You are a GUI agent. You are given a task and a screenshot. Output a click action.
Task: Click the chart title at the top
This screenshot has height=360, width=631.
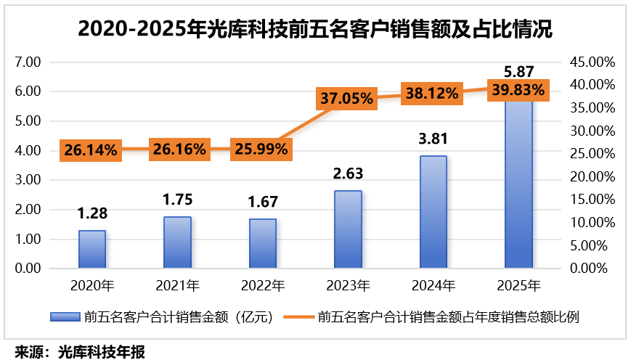pos(315,29)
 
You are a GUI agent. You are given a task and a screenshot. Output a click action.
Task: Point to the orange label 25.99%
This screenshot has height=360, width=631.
pos(260,150)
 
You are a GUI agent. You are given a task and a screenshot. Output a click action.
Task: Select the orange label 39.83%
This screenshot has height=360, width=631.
pos(518,89)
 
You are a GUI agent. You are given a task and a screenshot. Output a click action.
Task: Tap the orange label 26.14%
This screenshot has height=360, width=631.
pos(90,150)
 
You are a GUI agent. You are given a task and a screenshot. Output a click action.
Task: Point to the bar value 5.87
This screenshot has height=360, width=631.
pos(518,72)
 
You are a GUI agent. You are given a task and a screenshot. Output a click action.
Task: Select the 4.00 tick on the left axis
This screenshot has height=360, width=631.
pos(27,150)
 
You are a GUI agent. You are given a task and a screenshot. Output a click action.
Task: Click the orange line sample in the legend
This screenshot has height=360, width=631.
pos(298,316)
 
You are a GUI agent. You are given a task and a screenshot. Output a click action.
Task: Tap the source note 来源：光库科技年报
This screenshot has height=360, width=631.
pos(81,352)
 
